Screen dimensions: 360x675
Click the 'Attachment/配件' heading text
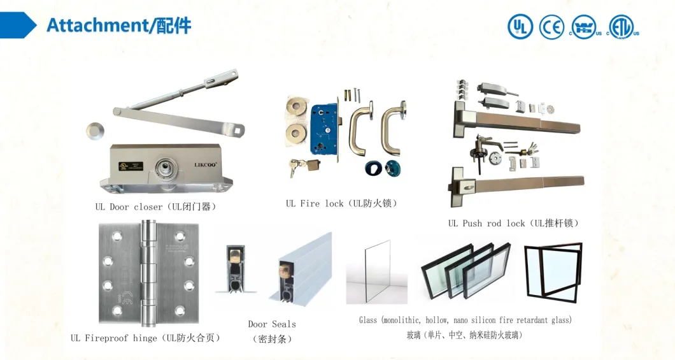tap(118, 25)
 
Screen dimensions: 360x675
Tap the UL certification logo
tap(520, 26)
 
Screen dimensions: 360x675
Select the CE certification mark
tap(552, 26)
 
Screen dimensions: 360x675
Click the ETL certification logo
tap(623, 26)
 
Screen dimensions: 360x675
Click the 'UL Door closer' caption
tap(155, 206)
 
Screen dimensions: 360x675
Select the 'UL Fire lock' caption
tap(341, 203)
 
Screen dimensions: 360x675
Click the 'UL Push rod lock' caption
tap(513, 223)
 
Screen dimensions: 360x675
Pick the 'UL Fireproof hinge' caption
tap(146, 338)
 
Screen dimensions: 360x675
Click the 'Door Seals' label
tap(272, 324)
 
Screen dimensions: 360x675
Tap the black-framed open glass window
tap(553, 271)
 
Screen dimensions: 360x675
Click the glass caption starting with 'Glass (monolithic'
tap(465, 320)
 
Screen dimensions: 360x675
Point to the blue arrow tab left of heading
tap(18, 25)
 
